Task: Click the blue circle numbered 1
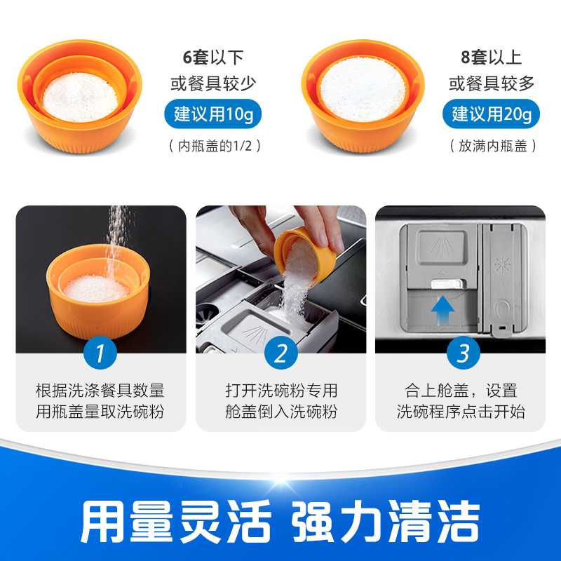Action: [100, 353]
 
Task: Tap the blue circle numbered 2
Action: [281, 353]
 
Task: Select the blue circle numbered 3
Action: [463, 353]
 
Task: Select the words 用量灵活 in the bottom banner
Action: [175, 521]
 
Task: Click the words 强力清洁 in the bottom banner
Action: [386, 521]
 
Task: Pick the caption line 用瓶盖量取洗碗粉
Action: [100, 412]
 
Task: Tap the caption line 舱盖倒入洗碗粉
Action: [281, 412]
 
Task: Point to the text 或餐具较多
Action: [492, 84]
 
